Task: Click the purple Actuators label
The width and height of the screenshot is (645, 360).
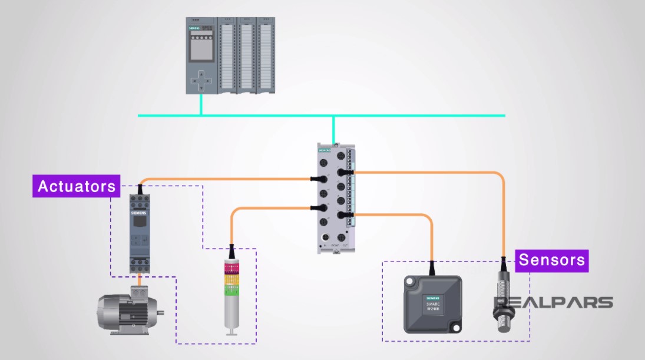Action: point(77,186)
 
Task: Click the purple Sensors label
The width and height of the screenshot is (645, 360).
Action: point(552,260)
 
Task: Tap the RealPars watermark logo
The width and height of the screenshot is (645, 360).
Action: point(553,303)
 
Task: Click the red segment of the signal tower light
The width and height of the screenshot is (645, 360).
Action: point(231,268)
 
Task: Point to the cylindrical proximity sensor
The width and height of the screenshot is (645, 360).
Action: point(504,300)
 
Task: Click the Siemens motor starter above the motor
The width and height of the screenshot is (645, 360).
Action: point(140,233)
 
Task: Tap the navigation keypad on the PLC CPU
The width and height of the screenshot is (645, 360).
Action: point(201,80)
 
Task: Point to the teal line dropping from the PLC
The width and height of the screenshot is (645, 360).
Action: point(201,104)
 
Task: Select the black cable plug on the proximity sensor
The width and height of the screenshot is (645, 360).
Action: point(504,263)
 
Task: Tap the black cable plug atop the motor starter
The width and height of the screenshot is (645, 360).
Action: point(140,189)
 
